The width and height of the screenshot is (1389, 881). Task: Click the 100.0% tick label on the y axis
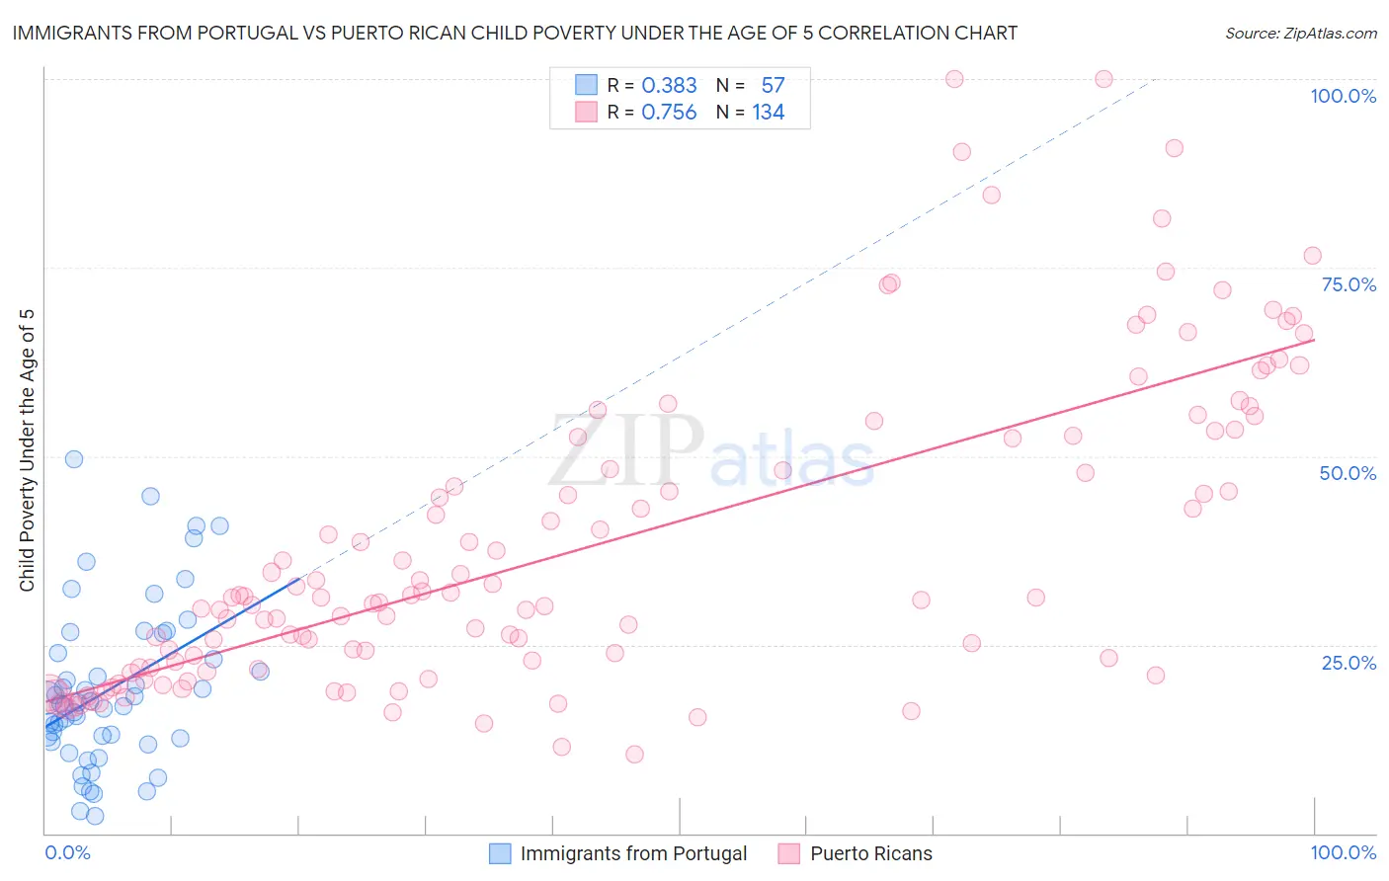(x=1343, y=96)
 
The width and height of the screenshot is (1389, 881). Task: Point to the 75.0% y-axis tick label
(x=1348, y=284)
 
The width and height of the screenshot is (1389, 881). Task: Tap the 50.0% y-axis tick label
(x=1348, y=473)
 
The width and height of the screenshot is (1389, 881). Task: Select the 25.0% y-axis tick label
(x=1348, y=663)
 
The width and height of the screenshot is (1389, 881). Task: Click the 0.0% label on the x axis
(x=67, y=852)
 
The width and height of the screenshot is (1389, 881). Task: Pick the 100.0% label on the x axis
(x=1343, y=852)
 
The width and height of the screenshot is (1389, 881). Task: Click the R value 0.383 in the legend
(x=669, y=85)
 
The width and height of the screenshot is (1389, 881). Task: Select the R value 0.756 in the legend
(x=669, y=113)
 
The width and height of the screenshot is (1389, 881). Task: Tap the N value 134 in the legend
(x=768, y=113)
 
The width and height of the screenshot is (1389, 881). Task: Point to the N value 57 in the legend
(x=773, y=85)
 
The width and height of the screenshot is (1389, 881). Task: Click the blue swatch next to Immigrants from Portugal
(x=500, y=853)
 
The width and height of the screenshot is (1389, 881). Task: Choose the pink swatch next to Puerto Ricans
(x=788, y=853)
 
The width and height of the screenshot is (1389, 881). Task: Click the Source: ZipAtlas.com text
(x=1300, y=33)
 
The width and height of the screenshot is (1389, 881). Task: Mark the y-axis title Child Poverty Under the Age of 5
(x=28, y=450)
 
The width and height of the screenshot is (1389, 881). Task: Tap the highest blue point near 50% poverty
(x=74, y=459)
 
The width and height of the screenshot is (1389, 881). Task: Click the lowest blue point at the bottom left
(x=95, y=816)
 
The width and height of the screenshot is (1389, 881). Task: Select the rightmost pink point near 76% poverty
(x=1312, y=256)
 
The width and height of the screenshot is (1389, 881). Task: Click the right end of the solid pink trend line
(x=1314, y=340)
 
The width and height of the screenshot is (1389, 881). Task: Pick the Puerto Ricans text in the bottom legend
(x=870, y=853)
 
